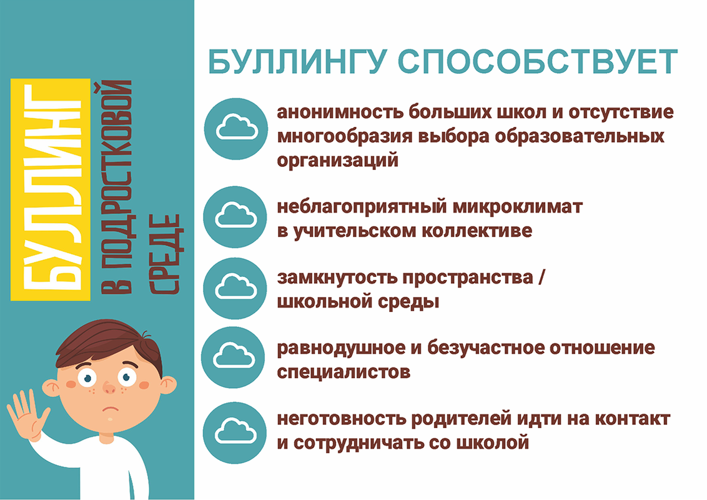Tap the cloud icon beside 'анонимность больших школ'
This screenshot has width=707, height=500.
click(x=236, y=129)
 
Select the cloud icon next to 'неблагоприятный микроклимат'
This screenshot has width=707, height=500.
click(x=235, y=217)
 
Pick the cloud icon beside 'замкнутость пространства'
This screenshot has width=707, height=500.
click(x=235, y=288)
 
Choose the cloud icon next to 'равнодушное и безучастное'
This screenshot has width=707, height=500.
click(x=233, y=357)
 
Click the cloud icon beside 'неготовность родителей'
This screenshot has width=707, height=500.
click(x=235, y=432)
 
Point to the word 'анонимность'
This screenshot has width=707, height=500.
click(x=340, y=112)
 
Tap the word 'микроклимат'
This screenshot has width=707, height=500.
click(x=517, y=207)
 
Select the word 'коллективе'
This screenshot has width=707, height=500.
click(x=477, y=231)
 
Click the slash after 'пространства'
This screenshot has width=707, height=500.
click(x=541, y=277)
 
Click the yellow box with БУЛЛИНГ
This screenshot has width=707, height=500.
click(x=51, y=189)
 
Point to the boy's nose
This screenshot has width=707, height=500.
click(x=109, y=387)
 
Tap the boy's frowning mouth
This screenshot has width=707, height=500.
click(x=110, y=409)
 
